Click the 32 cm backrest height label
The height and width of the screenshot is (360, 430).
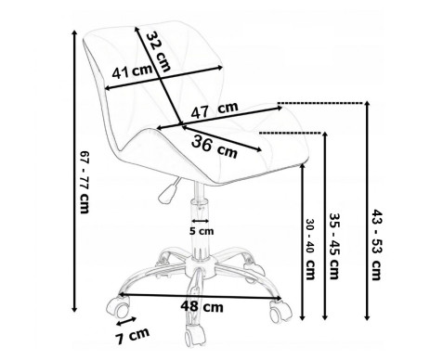pos(158,51)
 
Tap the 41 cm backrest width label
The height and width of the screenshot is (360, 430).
pos(132,72)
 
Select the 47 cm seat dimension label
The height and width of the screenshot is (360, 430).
pos(215,109)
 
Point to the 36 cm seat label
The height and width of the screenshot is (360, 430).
pos(215,148)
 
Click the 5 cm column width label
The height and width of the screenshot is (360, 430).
pos(202,231)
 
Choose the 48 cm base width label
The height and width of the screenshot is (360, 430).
pos(202,306)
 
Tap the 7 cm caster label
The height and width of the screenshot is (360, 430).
pos(133,336)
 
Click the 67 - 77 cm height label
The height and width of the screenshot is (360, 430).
pos(85,182)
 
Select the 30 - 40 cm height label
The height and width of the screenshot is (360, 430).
pos(310,250)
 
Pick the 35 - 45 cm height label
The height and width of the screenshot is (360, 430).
pos(334,246)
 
